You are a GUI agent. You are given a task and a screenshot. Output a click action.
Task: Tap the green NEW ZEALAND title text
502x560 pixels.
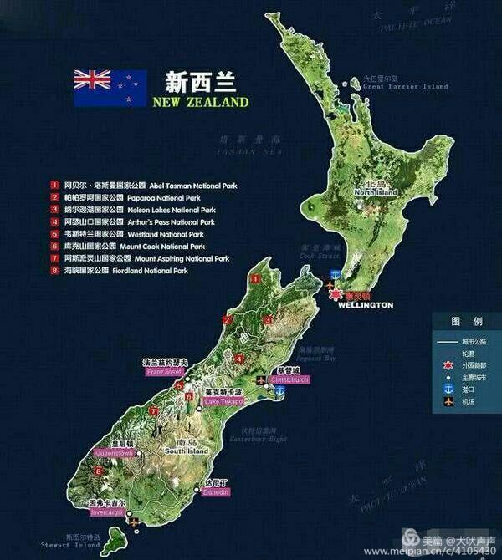200,102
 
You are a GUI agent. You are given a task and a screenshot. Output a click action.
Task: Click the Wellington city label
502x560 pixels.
365,305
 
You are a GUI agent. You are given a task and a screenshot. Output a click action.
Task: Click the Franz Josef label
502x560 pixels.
164,371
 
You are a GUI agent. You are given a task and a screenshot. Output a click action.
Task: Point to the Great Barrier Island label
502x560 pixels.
405,86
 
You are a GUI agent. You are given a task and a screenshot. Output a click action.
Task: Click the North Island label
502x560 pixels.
375,192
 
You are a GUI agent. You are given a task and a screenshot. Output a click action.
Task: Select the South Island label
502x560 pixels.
186,451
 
